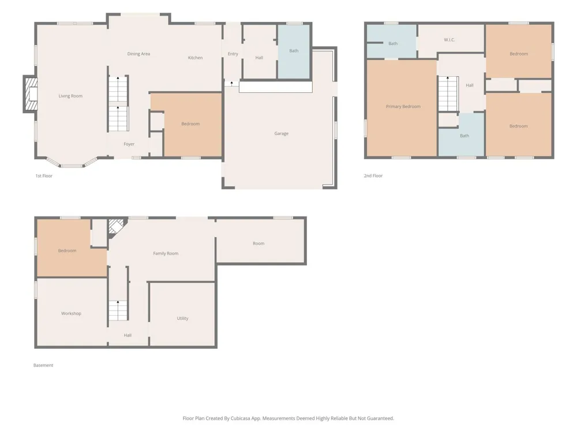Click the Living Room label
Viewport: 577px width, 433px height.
(x=70, y=96)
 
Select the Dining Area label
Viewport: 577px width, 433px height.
(x=138, y=54)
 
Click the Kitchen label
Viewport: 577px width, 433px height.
(x=195, y=58)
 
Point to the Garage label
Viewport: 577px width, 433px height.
(x=281, y=134)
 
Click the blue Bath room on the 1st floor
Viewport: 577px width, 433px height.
(x=294, y=51)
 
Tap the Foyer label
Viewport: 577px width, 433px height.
(x=129, y=144)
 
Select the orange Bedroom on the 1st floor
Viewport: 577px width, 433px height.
(x=193, y=125)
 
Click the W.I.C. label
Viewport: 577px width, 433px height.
(x=449, y=40)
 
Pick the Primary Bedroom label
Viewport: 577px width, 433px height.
(x=403, y=107)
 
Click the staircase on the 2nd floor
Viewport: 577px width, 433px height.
(x=448, y=94)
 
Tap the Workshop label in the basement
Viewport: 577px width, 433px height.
(x=71, y=313)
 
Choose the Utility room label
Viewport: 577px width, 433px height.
(x=182, y=319)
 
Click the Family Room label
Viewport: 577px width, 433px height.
(x=166, y=253)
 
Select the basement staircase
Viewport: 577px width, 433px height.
(x=118, y=311)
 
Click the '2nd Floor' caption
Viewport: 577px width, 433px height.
(x=373, y=176)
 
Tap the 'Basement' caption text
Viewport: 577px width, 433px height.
(x=43, y=365)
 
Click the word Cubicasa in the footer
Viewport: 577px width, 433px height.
(x=241, y=418)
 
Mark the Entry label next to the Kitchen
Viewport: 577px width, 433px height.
(x=233, y=54)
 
